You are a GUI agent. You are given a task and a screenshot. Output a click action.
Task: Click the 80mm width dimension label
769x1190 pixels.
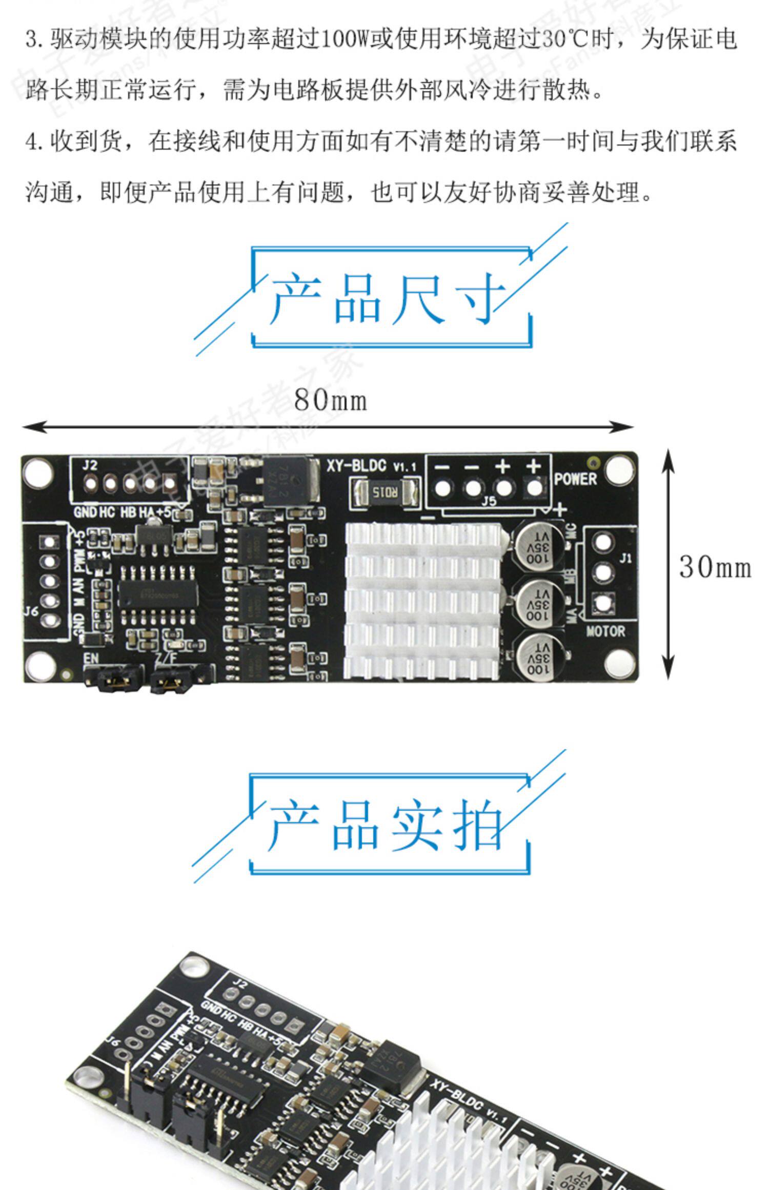331,400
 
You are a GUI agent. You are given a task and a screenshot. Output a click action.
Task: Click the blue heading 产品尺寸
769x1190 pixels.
388,298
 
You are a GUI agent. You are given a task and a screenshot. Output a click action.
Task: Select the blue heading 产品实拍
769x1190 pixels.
387,825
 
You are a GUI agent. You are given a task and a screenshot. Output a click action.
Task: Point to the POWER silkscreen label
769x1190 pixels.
576,479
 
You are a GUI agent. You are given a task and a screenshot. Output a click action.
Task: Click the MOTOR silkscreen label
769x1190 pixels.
605,631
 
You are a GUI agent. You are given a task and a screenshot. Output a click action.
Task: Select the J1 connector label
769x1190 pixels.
625,558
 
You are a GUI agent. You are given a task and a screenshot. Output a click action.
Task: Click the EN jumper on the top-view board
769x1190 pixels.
114,679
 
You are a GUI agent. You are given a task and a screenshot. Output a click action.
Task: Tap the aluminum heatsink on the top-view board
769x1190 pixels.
422,601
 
